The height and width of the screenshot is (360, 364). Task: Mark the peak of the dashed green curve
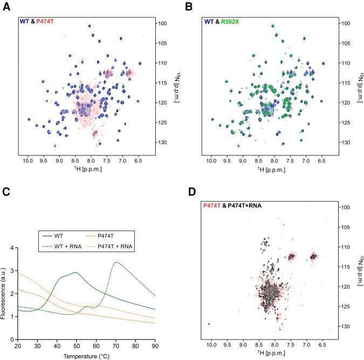click(x=116, y=262)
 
